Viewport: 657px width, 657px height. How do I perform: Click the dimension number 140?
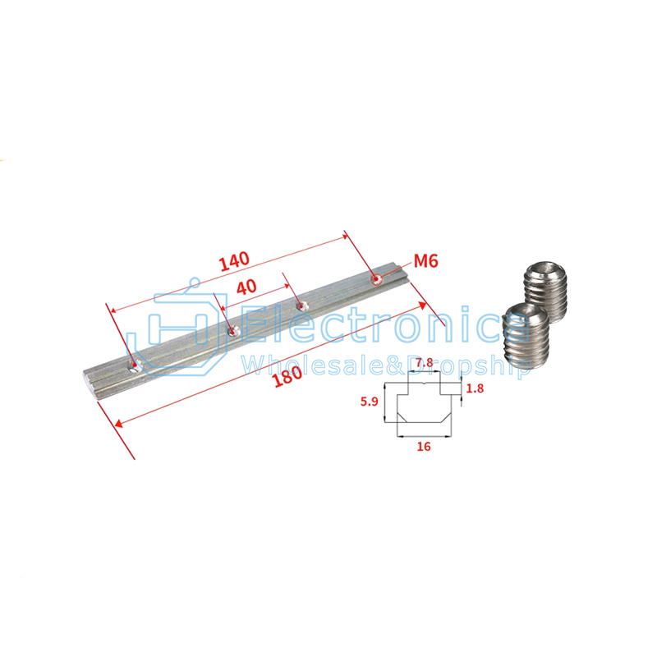click(234, 261)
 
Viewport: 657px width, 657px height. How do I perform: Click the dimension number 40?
click(246, 287)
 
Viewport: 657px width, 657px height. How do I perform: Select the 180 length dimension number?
click(287, 376)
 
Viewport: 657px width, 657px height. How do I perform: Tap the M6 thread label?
click(425, 261)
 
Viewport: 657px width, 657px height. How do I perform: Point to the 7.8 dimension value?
click(424, 362)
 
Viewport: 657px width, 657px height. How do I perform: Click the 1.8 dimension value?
click(475, 388)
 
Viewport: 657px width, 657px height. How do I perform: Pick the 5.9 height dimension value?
click(369, 402)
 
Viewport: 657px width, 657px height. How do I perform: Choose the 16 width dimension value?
click(424, 446)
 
